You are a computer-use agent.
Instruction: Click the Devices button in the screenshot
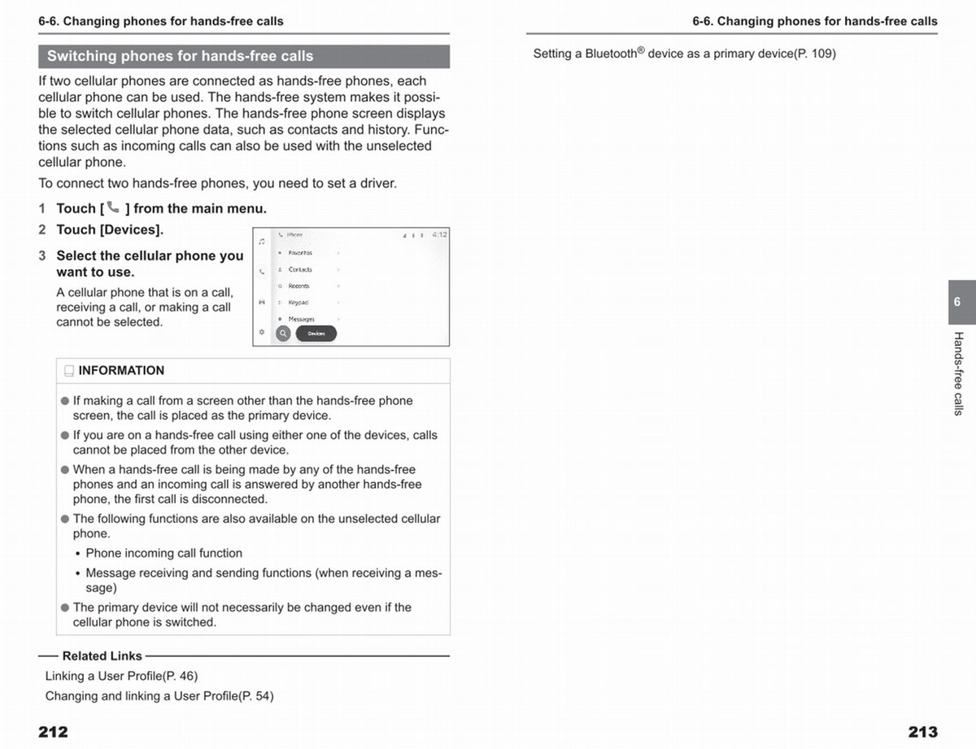click(x=316, y=333)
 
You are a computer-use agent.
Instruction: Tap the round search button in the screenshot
click(x=283, y=333)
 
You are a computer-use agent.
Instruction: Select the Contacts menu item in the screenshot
click(x=300, y=269)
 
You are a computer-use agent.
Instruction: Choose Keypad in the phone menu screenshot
click(x=298, y=303)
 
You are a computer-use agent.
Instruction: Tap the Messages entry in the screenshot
click(x=301, y=320)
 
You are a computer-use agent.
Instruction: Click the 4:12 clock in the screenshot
click(x=439, y=235)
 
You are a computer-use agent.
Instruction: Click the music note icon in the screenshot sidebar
click(x=261, y=242)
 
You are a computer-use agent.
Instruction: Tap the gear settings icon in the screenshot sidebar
click(x=261, y=332)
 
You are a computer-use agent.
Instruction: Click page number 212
click(x=53, y=732)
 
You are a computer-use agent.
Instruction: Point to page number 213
click(x=922, y=732)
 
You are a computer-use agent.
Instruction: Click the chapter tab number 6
click(x=957, y=302)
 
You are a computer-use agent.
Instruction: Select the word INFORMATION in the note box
click(x=121, y=371)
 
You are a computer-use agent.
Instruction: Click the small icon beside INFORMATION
click(x=69, y=371)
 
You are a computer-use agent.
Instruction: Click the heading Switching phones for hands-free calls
click(x=180, y=56)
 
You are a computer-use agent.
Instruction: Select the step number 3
click(x=42, y=255)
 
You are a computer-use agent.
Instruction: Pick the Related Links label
click(x=102, y=656)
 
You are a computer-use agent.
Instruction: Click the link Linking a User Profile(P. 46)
click(x=121, y=676)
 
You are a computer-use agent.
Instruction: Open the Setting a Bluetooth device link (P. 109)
click(x=684, y=54)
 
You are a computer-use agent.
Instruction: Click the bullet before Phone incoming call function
click(x=77, y=554)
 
